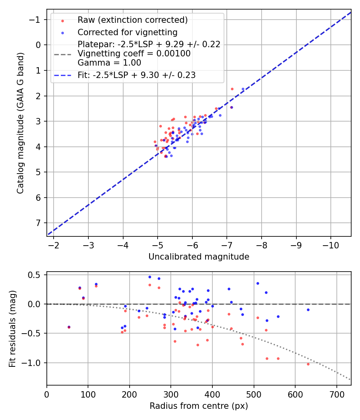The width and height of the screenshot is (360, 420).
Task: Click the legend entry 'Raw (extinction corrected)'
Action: (132, 20)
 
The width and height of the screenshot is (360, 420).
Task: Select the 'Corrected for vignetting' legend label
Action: (128, 32)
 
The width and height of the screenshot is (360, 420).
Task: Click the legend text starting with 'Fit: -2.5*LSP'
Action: (136, 75)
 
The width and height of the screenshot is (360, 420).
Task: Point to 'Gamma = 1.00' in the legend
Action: (109, 63)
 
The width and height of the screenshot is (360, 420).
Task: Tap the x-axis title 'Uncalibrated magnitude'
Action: (199, 257)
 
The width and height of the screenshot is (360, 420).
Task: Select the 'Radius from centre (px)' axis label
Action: (199, 406)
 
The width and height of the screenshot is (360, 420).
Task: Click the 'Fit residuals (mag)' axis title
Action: (12, 329)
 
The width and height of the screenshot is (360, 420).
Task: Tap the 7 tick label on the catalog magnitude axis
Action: (38, 223)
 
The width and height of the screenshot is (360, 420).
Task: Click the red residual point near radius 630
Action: (308, 364)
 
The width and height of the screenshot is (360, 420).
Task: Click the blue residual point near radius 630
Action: (308, 310)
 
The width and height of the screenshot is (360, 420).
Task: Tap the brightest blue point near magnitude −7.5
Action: (243, 89)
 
